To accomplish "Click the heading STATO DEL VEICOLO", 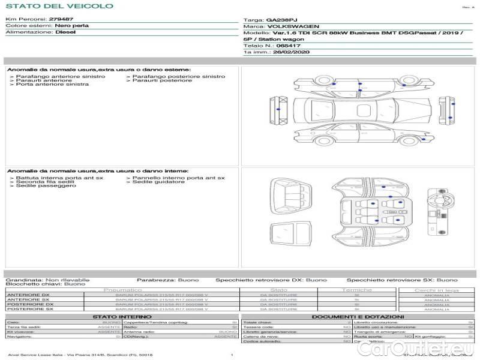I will click(59, 6).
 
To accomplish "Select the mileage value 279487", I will click(61, 20).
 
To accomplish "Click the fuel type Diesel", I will click(65, 32).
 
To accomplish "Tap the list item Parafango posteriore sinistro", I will click(179, 77).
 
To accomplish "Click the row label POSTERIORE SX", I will click(29, 310).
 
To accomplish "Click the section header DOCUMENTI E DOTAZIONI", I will click(358, 317).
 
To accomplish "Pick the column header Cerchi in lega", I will click(436, 290).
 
